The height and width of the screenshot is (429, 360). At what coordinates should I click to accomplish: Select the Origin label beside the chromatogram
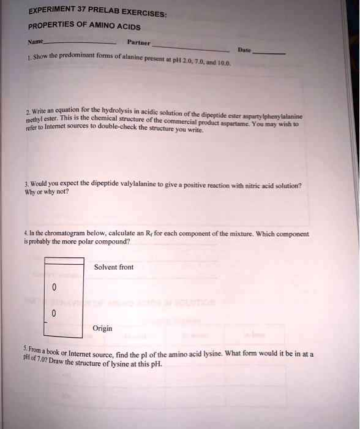[x=102, y=328]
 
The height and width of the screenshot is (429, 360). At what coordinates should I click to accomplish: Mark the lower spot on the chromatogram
[x=53, y=313]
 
